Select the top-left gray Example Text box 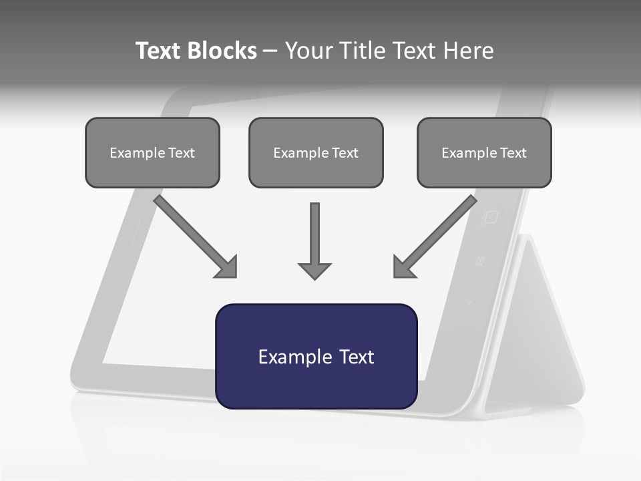pos(152,152)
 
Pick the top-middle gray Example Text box pos(316,152)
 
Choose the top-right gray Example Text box pos(484,152)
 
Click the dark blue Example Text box pos(316,356)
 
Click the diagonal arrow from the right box pos(438,233)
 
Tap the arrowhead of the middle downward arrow pos(314,271)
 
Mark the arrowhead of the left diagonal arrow pos(228,267)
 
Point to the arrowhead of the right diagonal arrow pos(403,267)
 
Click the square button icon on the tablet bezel pos(491,217)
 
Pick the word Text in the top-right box pos(513,153)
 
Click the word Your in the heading pos(308,51)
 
